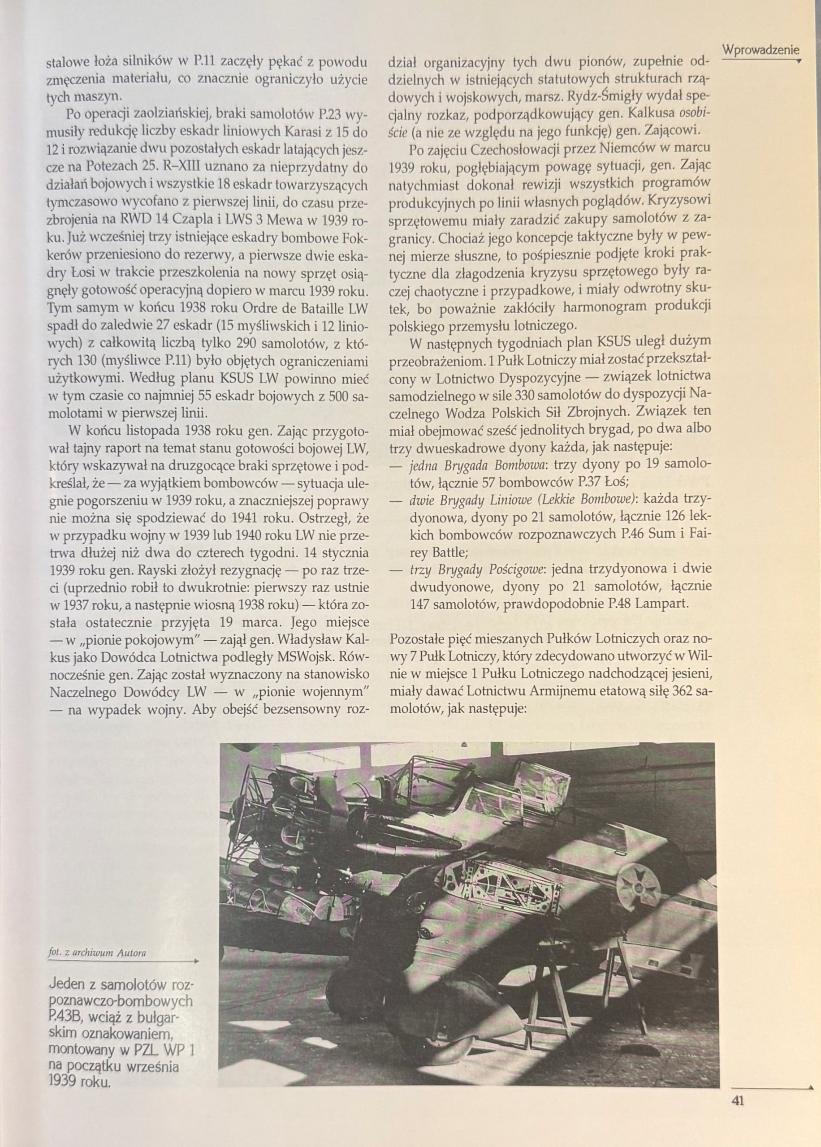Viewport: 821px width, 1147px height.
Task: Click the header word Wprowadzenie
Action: pos(761,50)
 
